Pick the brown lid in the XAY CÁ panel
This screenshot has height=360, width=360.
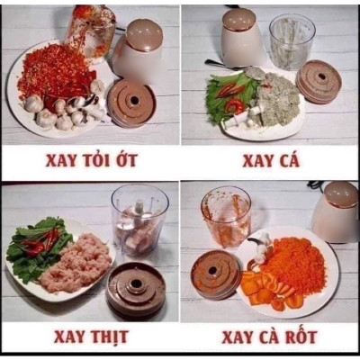tap(319, 81)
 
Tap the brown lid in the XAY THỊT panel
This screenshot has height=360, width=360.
tap(136, 289)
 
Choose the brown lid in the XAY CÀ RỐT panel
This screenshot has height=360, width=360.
tap(216, 273)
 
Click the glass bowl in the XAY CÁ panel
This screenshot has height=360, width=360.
tap(292, 41)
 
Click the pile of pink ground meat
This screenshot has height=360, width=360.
tap(75, 263)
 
